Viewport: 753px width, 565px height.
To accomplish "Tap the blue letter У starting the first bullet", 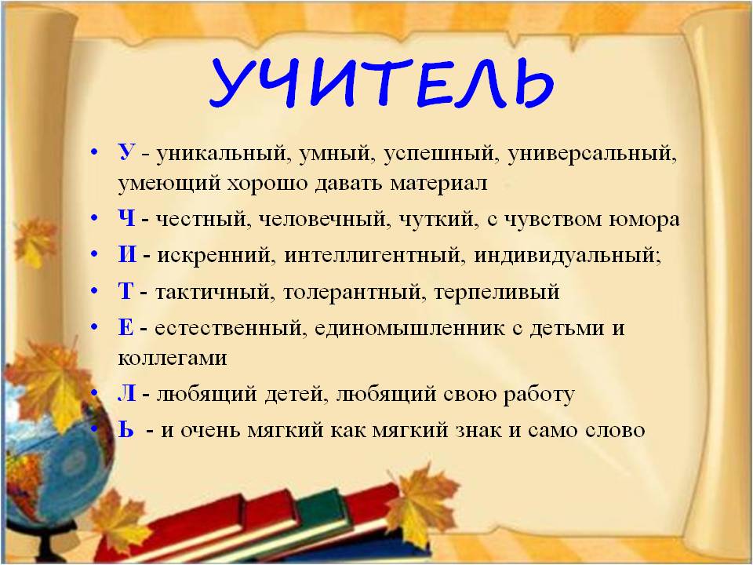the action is [x=126, y=152].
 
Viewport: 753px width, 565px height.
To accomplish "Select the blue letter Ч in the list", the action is [x=127, y=219].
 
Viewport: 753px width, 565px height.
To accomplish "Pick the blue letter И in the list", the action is [x=127, y=254].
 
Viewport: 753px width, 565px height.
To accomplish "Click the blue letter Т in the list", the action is [x=125, y=290].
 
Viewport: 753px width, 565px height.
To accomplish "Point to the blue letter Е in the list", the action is [x=125, y=327].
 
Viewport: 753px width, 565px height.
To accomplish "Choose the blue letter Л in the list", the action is [x=127, y=393].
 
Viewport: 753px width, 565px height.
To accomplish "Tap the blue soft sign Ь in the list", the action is [x=125, y=429].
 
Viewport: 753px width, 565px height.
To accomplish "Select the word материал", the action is [x=438, y=183].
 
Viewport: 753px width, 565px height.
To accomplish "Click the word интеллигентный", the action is [x=375, y=255].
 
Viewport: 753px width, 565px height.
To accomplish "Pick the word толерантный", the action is [x=354, y=292].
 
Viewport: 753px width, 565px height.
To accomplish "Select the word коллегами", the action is [x=173, y=359].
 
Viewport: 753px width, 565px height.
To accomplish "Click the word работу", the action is [x=539, y=395].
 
